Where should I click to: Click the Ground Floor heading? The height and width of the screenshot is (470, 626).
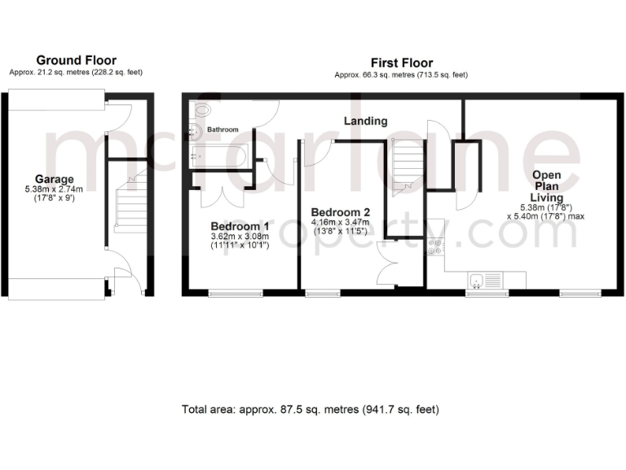pos(77,60)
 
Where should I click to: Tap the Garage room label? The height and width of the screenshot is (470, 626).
pos(54,180)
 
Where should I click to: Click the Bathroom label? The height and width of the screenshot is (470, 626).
pos(223,130)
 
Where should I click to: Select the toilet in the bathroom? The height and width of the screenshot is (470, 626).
pos(201,109)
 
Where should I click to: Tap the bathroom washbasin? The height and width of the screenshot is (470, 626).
pos(194,130)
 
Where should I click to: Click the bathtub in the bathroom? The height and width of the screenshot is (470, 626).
pos(220,153)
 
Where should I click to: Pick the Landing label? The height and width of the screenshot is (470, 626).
pos(365,122)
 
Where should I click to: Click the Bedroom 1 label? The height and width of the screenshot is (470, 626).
pos(240,226)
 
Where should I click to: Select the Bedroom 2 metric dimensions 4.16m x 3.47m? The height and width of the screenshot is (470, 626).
pos(340,222)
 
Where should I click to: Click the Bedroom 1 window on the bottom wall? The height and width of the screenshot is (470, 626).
pos(235,292)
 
